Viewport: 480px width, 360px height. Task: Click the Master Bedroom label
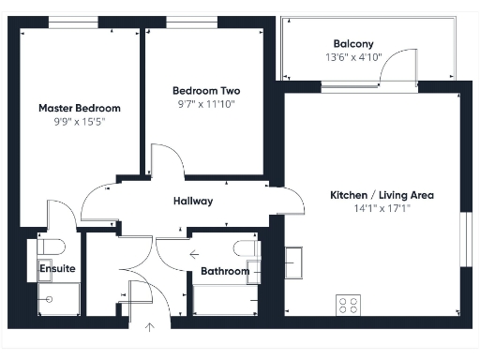79,108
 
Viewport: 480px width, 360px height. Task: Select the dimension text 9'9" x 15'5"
79,122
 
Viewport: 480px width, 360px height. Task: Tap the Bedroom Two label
206,91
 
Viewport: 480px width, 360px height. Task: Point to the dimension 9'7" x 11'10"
206,104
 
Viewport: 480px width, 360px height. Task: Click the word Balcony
353,43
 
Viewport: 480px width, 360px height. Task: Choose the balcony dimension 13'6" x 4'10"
353,57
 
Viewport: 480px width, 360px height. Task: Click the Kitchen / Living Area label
382,195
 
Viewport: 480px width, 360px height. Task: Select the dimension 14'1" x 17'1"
382,209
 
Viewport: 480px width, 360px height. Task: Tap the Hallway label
193,201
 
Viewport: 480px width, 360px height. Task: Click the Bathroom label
225,272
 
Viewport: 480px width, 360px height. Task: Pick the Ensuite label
56,269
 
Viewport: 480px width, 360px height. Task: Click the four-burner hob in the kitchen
349,305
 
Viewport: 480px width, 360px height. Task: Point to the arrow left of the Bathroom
193,253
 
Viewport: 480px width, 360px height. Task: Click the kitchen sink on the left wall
293,258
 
